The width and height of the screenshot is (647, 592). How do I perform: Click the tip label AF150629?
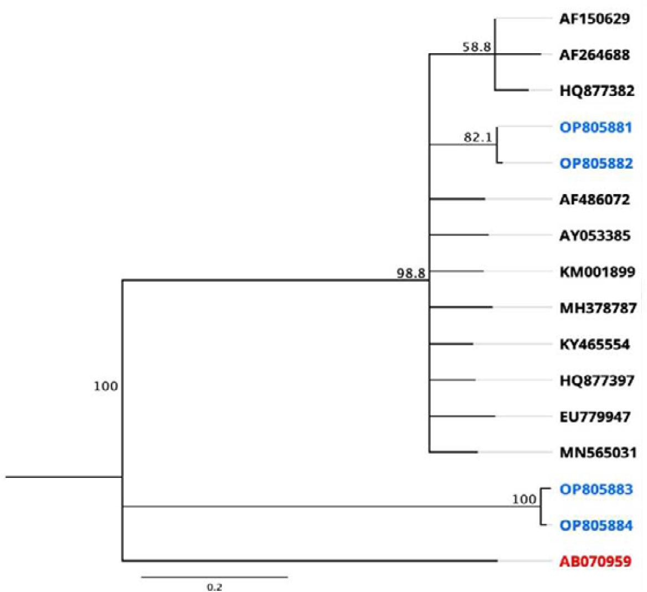point(595,19)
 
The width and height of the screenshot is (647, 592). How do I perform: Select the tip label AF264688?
point(595,55)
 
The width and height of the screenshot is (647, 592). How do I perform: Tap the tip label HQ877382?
point(597,91)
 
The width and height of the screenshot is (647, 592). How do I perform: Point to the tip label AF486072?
point(595,200)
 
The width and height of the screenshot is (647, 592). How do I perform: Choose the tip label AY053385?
point(595,236)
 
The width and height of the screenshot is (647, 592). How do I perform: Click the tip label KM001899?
point(597,273)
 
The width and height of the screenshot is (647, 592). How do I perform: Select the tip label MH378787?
point(598,308)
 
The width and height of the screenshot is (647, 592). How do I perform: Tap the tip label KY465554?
point(595,345)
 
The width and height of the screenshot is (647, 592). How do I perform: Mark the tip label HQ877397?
point(597,381)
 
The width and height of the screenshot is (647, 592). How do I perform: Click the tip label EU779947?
point(595,417)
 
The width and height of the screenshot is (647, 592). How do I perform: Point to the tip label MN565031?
point(598,453)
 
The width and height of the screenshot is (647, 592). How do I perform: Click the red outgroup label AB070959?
point(595,562)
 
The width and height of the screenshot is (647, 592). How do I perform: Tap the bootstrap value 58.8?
point(477,47)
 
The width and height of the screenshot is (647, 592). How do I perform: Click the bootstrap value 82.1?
point(478,137)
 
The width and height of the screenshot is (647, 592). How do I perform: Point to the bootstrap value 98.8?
point(411,273)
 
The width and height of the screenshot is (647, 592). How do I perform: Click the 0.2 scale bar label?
point(214,587)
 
